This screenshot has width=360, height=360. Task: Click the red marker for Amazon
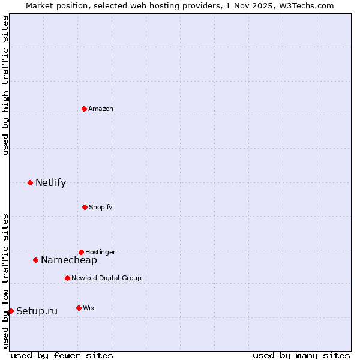[84, 109]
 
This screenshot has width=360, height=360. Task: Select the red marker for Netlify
[30, 182]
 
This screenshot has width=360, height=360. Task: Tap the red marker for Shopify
[85, 207]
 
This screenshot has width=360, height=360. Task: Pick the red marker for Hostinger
[81, 252]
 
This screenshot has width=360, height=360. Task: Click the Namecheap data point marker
[35, 260]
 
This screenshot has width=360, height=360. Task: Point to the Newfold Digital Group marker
[67, 278]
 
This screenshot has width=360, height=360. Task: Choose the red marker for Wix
[79, 308]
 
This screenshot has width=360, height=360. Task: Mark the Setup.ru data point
[11, 311]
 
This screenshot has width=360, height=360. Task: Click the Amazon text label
[101, 109]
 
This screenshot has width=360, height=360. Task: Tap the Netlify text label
[50, 183]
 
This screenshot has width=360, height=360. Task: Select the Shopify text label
[101, 207]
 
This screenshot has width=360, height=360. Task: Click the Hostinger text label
[100, 252]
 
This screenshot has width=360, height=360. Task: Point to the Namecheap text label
[69, 260]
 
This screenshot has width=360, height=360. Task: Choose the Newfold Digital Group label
[106, 278]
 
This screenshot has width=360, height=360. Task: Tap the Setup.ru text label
[37, 311]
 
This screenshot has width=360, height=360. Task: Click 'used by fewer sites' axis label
[62, 355]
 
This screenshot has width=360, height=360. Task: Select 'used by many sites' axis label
[301, 355]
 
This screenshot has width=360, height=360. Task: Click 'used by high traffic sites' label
[5, 85]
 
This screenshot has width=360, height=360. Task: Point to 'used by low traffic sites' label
[5, 281]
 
